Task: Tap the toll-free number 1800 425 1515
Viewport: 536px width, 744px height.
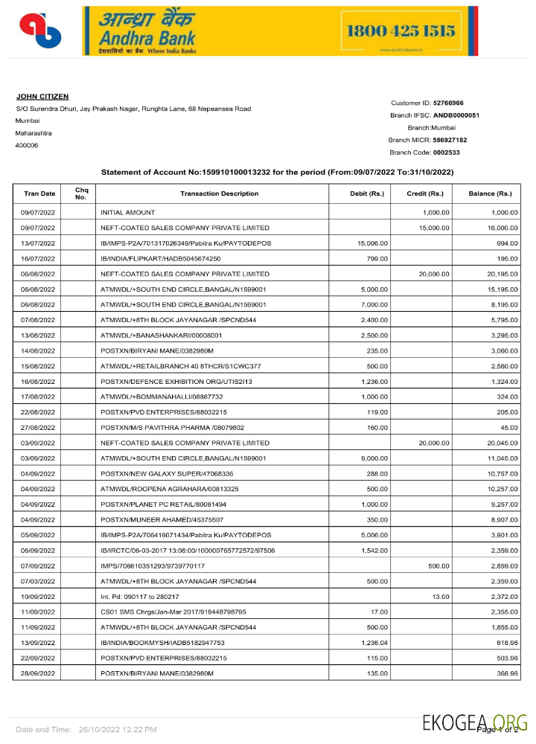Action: click(x=401, y=31)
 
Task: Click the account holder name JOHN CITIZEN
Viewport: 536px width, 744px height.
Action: click(x=42, y=97)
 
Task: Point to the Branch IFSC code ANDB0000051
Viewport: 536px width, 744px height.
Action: click(x=456, y=115)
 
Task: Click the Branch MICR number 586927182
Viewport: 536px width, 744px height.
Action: click(x=450, y=140)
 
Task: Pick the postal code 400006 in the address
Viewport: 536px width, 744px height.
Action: click(x=26, y=145)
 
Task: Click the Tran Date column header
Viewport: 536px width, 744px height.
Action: click(x=39, y=193)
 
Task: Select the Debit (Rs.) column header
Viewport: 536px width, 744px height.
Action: click(x=366, y=193)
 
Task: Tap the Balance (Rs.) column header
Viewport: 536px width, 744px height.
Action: click(x=489, y=193)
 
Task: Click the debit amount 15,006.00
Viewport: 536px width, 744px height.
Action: click(x=372, y=243)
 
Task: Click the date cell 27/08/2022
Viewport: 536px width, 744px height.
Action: click(x=39, y=427)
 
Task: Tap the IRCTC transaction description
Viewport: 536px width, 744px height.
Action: click(x=188, y=551)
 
